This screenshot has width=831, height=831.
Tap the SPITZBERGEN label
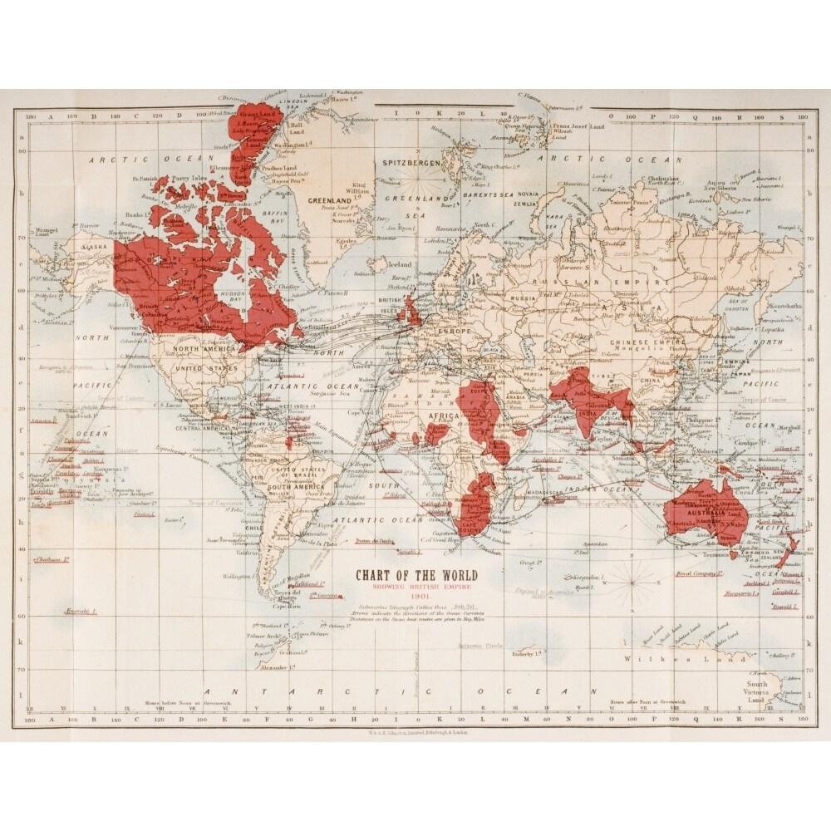[410, 164]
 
